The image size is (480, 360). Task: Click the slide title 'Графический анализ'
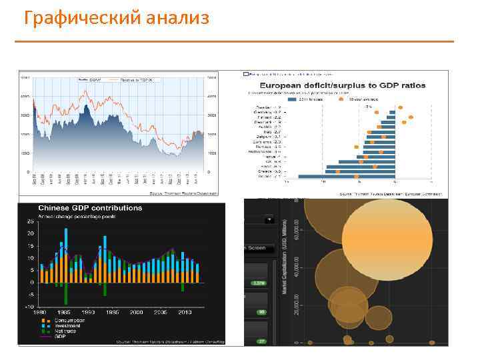116,18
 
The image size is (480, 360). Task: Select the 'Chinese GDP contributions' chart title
89,208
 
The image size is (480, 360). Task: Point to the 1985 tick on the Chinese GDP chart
64,312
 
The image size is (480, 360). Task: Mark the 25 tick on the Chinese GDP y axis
30,221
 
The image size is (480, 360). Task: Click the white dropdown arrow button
269,219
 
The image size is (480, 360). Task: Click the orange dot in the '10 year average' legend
341,99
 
